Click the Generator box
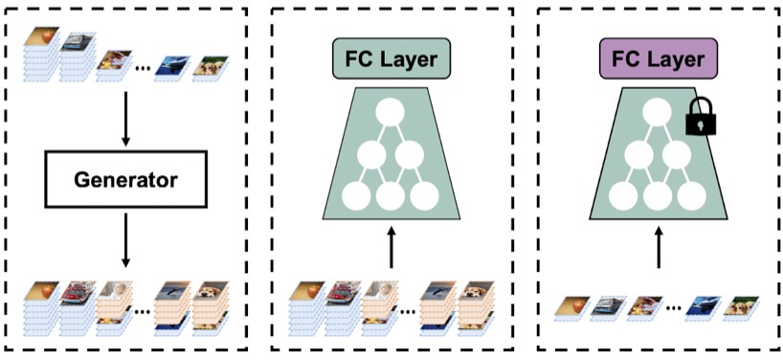(125, 180)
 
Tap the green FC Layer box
(392, 59)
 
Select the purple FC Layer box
(658, 59)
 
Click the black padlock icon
(701, 117)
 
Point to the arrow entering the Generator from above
(125, 119)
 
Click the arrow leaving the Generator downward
(125, 239)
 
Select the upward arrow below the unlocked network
(392, 249)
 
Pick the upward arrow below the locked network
(659, 249)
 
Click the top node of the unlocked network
(390, 112)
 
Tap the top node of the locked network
(656, 112)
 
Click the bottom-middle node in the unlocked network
(390, 196)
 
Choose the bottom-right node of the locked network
(691, 196)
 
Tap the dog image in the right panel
(741, 304)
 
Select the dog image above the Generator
(211, 65)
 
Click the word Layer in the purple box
(681, 59)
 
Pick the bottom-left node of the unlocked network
(355, 196)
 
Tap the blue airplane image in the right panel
(705, 304)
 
